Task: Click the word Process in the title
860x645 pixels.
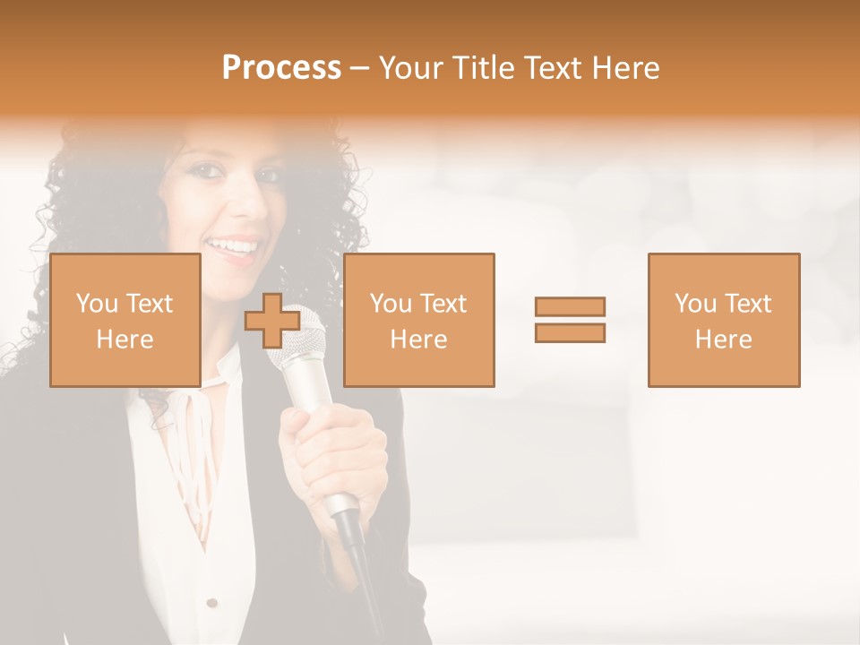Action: point(281,68)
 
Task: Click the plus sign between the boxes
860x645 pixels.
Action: point(272,320)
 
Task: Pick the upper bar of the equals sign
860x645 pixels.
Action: point(570,306)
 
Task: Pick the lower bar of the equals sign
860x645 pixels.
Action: point(570,333)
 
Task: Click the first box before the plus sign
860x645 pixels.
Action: point(125,320)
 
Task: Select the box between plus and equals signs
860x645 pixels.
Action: point(418,320)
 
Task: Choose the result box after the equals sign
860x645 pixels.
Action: point(723,320)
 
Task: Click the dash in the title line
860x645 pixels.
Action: point(359,68)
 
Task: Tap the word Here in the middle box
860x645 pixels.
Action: point(418,340)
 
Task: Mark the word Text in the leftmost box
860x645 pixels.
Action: point(149,304)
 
